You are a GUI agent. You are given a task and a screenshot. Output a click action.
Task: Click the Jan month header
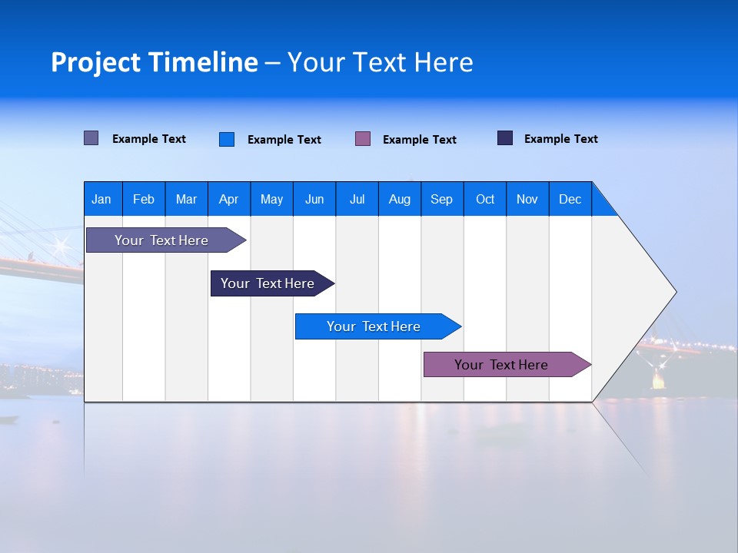101,199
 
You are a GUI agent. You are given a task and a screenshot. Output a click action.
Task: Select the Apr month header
228,199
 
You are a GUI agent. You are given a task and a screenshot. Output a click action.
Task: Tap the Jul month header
357,199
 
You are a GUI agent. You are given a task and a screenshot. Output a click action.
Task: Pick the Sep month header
441,199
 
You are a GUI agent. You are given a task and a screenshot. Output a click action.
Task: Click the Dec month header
570,199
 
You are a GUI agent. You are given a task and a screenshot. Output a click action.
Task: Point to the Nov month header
527,199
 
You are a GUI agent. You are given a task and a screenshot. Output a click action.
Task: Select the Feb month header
144,199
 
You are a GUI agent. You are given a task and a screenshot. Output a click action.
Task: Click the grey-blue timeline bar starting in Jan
161,240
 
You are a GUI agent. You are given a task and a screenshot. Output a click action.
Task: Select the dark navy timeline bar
268,283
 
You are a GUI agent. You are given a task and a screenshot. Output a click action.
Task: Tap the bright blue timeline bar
374,326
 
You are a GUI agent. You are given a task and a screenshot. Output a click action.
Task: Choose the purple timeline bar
501,365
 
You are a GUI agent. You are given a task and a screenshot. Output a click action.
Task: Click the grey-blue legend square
91,138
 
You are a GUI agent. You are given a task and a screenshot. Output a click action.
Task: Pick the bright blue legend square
226,139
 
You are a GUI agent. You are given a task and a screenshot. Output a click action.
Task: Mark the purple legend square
363,139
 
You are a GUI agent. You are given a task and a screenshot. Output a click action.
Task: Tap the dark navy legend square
505,138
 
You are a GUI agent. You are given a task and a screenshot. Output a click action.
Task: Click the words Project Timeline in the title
154,62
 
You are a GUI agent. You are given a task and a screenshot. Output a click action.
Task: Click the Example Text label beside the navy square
560,139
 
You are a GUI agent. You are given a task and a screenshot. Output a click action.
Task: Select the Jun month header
314,199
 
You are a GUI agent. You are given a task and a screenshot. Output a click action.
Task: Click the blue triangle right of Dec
603,205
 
